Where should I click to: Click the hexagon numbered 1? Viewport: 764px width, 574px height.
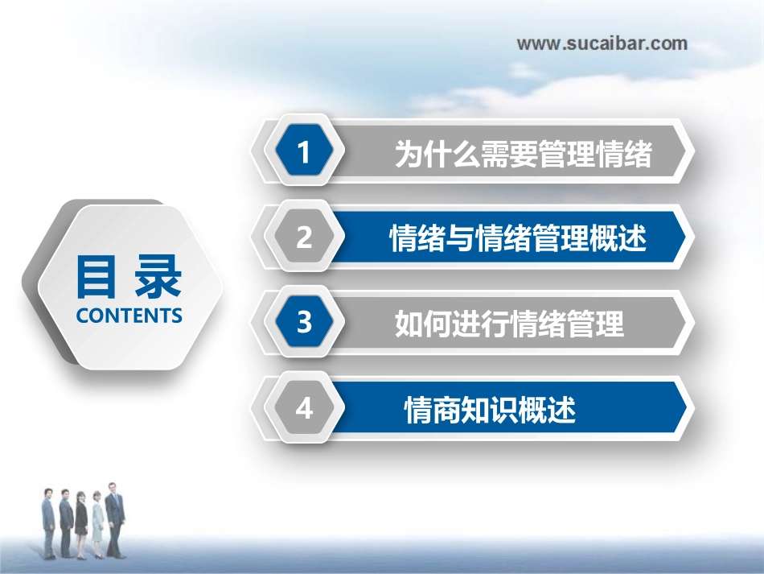coord(303,152)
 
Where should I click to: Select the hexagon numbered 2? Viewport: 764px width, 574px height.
coord(303,237)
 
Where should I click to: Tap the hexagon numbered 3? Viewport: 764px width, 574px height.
coord(303,323)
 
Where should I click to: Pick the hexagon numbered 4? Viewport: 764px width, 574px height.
coord(303,409)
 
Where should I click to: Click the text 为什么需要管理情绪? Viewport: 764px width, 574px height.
coord(523,154)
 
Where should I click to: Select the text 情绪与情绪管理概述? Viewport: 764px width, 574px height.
coord(518,239)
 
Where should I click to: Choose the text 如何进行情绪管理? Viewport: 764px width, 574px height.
coord(509,324)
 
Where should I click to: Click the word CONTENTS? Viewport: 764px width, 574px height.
coord(129,316)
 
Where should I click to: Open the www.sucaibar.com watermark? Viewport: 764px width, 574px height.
coord(602,43)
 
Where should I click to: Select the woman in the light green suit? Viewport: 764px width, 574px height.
coord(98,525)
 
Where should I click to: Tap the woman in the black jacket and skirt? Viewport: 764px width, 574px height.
coord(81,525)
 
